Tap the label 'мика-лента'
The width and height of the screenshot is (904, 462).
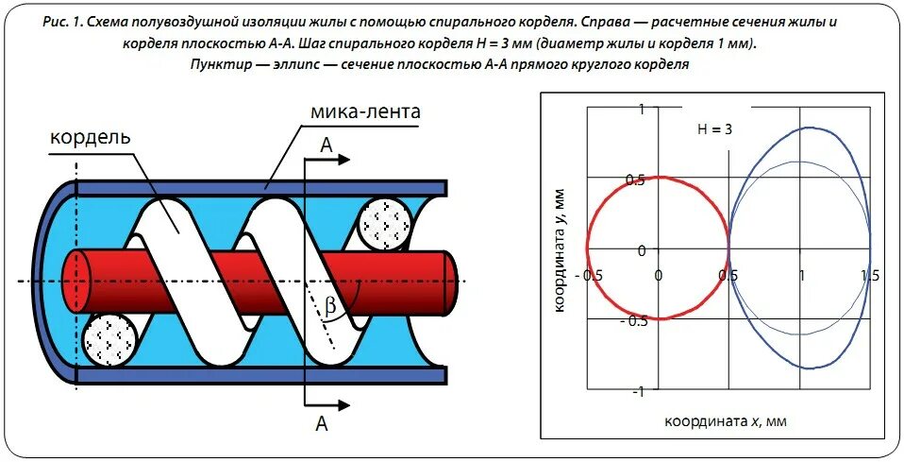coord(365,111)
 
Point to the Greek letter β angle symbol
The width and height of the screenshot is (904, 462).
coord(330,305)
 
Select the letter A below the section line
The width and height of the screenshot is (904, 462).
coord(321,425)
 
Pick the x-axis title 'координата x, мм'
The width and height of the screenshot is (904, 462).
coord(725,420)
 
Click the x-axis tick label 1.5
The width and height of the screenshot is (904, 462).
coord(869,276)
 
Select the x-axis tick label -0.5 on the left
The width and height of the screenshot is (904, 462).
coord(593,276)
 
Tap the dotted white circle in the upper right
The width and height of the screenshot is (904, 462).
coord(385,225)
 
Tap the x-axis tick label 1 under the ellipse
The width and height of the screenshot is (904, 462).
coord(802,276)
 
